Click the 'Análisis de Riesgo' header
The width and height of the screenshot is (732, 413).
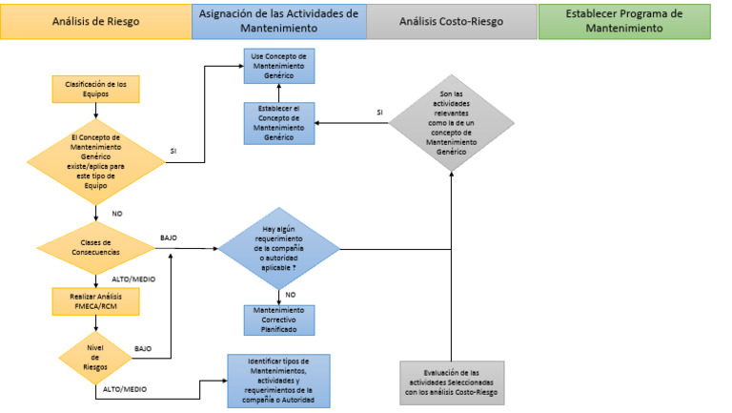[x=94, y=21]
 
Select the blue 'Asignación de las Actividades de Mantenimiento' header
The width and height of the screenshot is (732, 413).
[x=277, y=21]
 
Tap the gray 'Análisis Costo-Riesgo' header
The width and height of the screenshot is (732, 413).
[x=451, y=21]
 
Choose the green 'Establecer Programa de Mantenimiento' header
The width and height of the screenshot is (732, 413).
[x=624, y=21]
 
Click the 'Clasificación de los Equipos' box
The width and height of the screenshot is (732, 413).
[x=95, y=89]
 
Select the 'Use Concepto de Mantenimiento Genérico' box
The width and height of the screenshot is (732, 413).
[x=279, y=65]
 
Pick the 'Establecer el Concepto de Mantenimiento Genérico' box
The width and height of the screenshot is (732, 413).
[x=279, y=123]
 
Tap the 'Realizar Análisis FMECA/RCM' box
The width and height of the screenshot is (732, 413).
[x=95, y=301]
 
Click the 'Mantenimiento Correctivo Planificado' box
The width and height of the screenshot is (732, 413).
[x=278, y=319]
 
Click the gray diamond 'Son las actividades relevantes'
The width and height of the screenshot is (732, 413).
[x=451, y=123]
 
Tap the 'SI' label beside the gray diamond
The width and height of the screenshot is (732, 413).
[x=379, y=112]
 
